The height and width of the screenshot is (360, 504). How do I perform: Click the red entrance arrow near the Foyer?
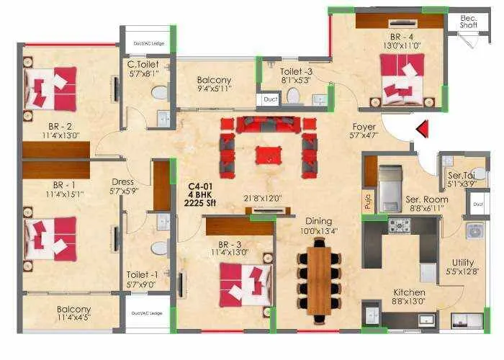423,129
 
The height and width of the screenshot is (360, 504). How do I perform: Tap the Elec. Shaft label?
469,22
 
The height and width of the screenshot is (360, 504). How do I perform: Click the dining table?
318,279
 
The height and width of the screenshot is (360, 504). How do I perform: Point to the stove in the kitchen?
400,225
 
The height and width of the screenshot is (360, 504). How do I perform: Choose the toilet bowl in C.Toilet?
160,93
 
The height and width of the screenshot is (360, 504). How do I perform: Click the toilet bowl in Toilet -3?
293,96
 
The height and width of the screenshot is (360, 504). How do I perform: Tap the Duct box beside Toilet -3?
270,99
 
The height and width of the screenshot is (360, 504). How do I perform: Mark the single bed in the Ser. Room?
390,186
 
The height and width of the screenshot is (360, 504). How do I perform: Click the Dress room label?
122,181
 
